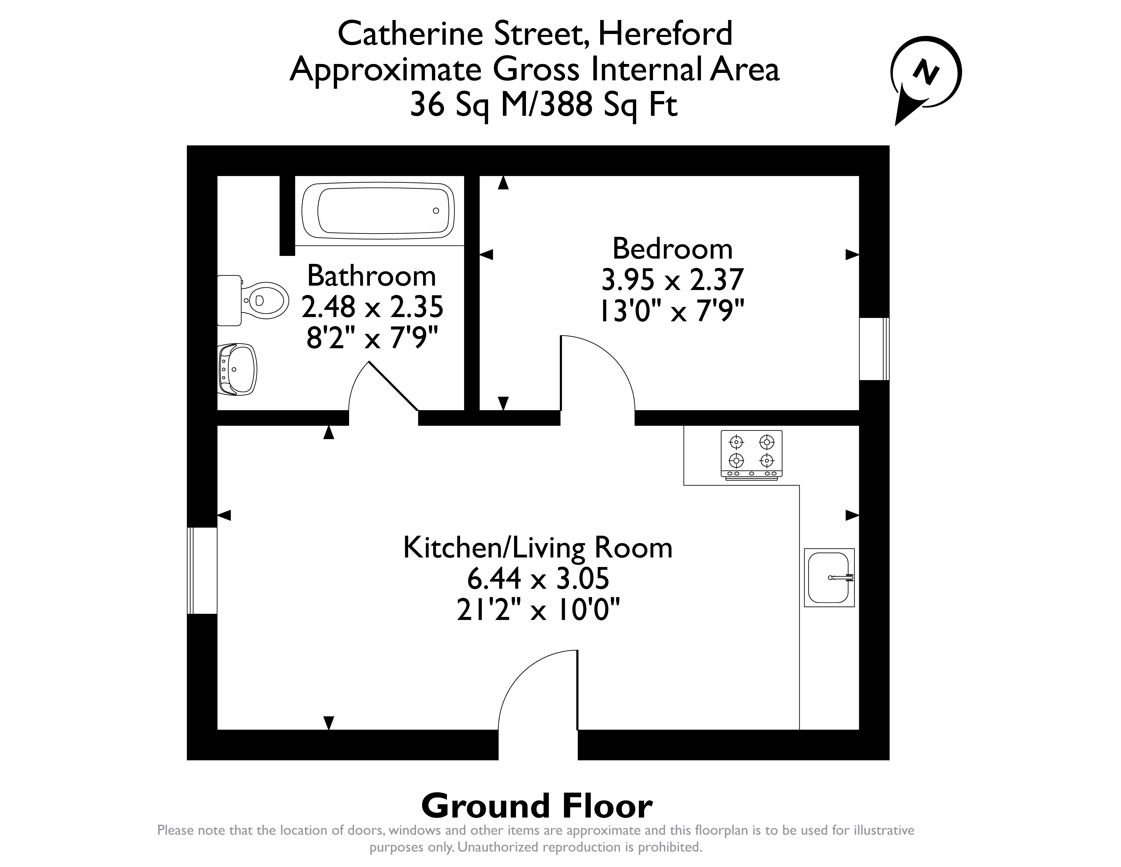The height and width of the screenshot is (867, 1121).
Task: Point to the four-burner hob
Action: [752, 455]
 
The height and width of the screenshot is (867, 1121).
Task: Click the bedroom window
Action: [874, 349]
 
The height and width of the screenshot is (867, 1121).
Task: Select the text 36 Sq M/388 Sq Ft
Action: [543, 105]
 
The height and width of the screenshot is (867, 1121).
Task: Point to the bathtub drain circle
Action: [436, 211]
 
